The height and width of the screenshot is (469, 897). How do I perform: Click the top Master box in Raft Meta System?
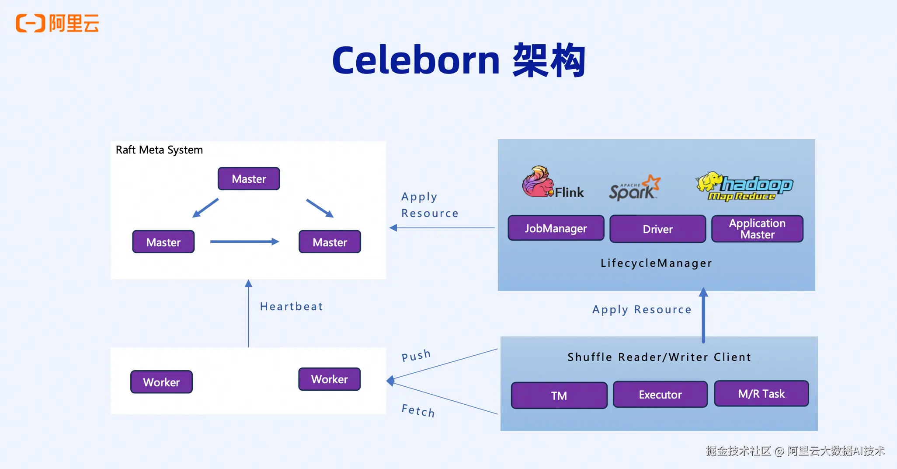click(x=249, y=179)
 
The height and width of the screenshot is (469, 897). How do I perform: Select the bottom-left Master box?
click(x=163, y=242)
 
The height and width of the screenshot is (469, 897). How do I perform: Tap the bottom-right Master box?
click(x=330, y=242)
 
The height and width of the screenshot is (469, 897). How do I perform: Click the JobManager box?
click(x=556, y=228)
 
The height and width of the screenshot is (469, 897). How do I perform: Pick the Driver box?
click(x=657, y=229)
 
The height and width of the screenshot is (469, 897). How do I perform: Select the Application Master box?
click(x=757, y=229)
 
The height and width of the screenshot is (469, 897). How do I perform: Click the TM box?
click(x=559, y=395)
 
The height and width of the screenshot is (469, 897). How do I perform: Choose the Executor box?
click(x=660, y=395)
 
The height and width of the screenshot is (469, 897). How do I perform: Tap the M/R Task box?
click(x=761, y=394)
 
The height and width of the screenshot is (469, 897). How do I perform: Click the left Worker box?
click(x=161, y=382)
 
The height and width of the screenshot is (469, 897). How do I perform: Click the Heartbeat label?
click(x=292, y=307)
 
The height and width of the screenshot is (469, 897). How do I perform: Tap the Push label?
click(x=416, y=355)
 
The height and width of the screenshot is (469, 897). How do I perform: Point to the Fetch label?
click(x=418, y=411)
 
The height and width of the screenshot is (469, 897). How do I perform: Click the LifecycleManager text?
click(x=656, y=263)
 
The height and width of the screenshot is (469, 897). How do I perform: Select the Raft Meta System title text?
click(x=159, y=150)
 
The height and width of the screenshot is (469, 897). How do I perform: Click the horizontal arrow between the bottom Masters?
click(x=244, y=241)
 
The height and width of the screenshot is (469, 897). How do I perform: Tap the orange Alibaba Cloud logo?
click(x=57, y=23)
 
